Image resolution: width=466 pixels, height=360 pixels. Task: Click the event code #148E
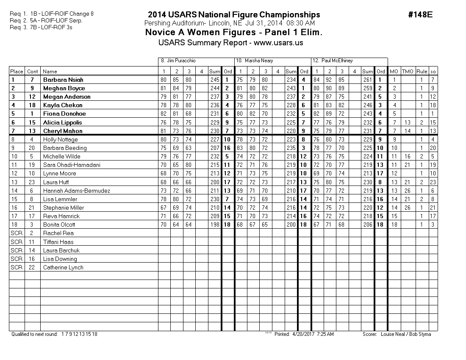[x=420, y=14]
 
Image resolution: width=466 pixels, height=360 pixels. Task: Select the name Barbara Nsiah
[x=63, y=80]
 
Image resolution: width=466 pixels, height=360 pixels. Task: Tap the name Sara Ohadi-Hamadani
[x=72, y=165]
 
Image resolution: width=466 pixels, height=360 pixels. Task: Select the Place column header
[x=17, y=71]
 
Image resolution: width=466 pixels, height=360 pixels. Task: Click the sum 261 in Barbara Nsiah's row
[x=368, y=80]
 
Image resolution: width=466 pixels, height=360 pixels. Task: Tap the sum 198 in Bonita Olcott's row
[x=214, y=224]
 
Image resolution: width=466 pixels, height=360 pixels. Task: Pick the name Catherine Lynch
[x=63, y=267]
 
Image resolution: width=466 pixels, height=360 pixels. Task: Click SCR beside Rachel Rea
[x=17, y=233]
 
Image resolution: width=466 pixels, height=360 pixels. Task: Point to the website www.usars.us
[x=278, y=42]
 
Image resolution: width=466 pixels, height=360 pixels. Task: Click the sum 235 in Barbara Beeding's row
[x=291, y=148]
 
